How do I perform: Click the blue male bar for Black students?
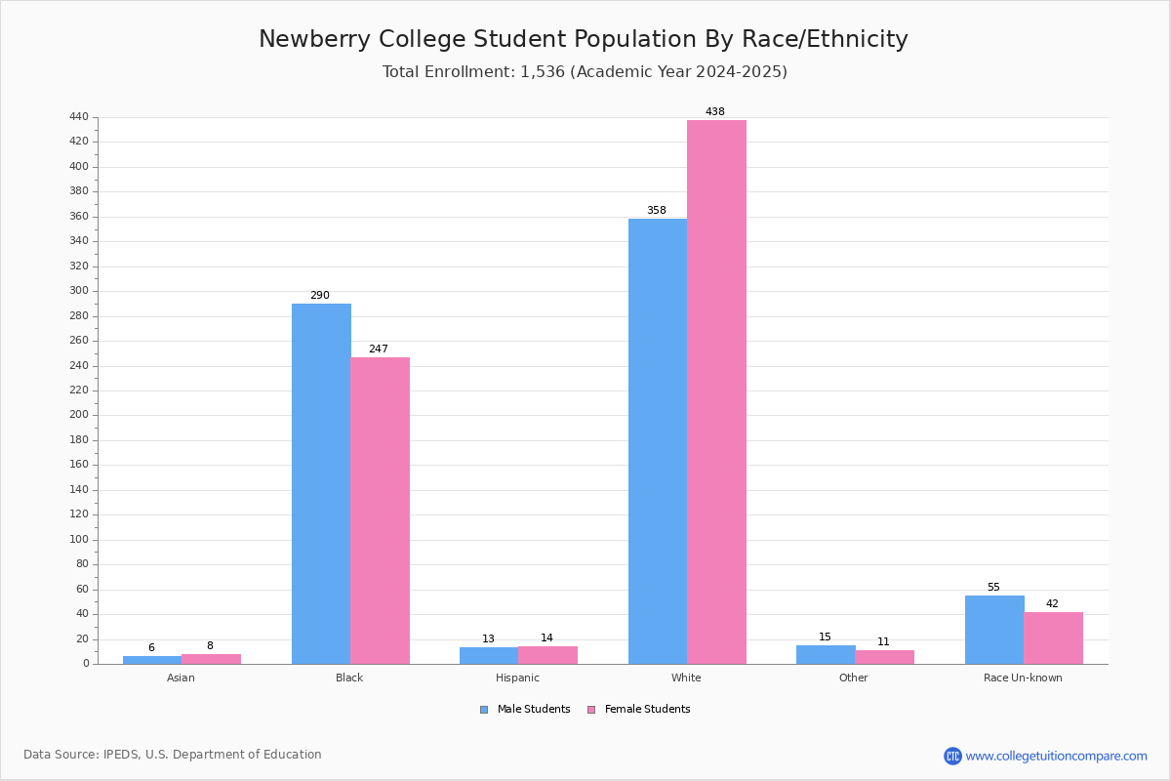point(321,484)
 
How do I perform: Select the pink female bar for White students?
point(716,392)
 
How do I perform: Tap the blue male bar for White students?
point(658,441)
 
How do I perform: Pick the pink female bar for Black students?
point(380,512)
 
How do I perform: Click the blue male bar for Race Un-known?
point(994,630)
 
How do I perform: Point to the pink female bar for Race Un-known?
point(1053,638)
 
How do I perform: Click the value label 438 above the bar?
point(715,111)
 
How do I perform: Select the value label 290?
point(320,295)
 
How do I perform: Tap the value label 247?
point(379,349)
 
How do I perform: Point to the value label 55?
point(993,587)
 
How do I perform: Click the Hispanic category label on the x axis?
point(517,678)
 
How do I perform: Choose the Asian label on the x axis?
point(181,678)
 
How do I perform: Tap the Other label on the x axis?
point(854,678)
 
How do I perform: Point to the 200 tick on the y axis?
point(79,415)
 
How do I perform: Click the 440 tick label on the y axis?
point(79,116)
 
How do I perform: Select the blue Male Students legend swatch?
point(484,710)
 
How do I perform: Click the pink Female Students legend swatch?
point(591,710)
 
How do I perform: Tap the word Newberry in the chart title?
point(314,40)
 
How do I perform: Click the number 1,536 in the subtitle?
point(543,71)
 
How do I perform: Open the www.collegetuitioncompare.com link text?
point(1057,756)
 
